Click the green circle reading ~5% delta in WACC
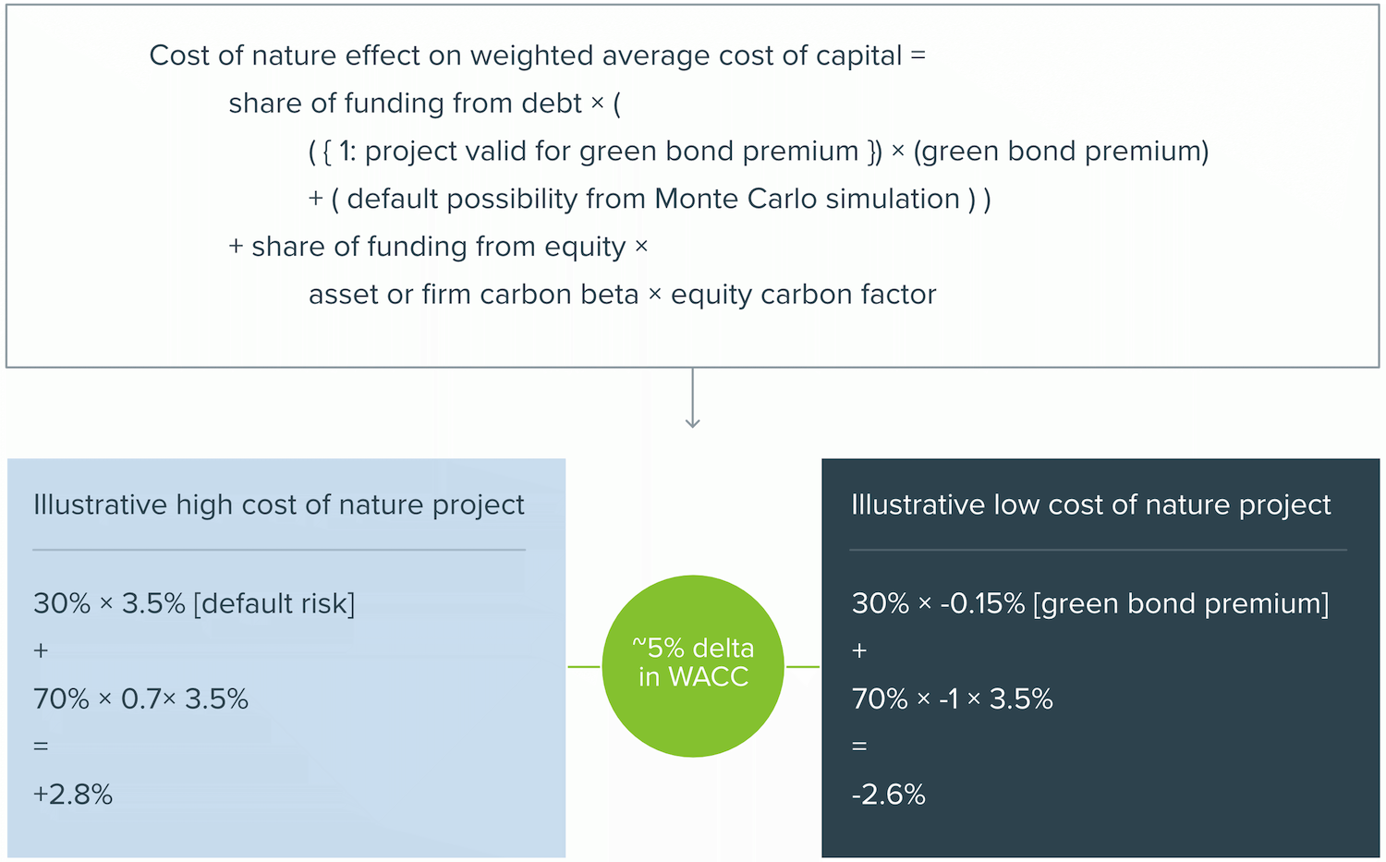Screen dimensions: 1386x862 click(693, 666)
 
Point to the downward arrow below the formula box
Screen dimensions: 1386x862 click(692, 398)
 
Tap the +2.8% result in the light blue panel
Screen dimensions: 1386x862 click(73, 795)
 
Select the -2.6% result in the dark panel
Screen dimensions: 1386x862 click(889, 795)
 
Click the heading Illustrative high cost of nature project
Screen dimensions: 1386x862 click(278, 505)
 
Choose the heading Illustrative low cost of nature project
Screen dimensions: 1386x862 click(1091, 505)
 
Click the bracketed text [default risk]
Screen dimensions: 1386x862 click(274, 604)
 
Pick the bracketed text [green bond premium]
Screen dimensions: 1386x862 click(1181, 604)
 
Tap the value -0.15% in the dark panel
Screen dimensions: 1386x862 click(982, 604)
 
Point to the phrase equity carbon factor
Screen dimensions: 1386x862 click(803, 295)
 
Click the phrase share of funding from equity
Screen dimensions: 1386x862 click(439, 247)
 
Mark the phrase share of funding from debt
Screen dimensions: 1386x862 click(406, 103)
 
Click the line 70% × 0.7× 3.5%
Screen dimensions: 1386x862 click(140, 699)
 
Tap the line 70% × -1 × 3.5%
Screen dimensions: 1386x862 click(953, 699)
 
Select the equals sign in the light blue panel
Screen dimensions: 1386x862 click(41, 747)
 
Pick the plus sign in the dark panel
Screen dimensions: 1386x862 click(859, 651)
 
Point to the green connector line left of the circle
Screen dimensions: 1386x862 click(584, 666)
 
